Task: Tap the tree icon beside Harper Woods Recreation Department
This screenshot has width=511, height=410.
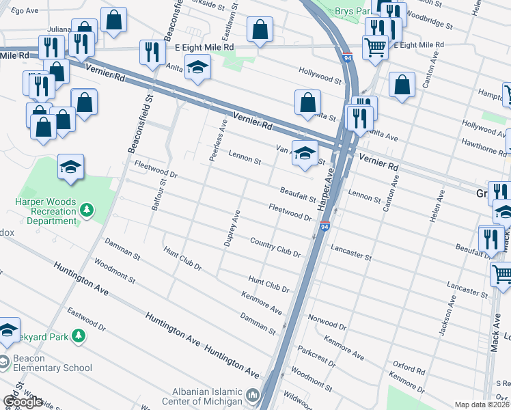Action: (x=87, y=210)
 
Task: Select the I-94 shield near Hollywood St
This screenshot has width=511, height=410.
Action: (x=347, y=58)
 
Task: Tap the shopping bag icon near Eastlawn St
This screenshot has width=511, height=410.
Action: (x=259, y=31)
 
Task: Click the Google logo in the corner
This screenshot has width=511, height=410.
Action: (x=23, y=402)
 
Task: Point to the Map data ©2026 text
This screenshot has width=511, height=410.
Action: (x=482, y=405)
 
